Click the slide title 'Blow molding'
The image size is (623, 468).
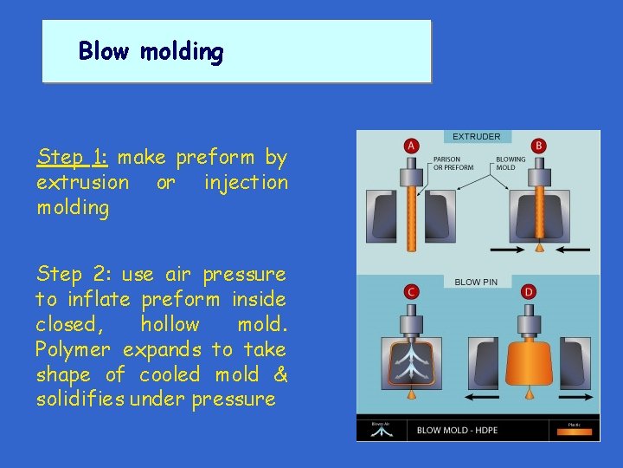[x=151, y=52]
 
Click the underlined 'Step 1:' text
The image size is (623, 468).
[x=72, y=158]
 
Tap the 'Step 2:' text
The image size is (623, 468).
[x=73, y=275]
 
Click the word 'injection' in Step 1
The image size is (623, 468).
[x=246, y=183]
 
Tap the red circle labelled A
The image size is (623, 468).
[x=412, y=146]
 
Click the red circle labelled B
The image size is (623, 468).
[x=539, y=146]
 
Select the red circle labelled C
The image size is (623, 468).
[x=412, y=292]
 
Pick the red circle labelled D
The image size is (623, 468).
[x=529, y=292]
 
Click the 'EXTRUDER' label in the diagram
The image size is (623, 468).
[x=477, y=137]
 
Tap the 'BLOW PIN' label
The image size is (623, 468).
[x=477, y=282]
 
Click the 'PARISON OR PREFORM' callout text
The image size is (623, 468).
[x=453, y=163]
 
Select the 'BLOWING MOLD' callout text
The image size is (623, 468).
[x=511, y=163]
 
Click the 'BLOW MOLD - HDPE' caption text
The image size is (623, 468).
[x=458, y=430]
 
